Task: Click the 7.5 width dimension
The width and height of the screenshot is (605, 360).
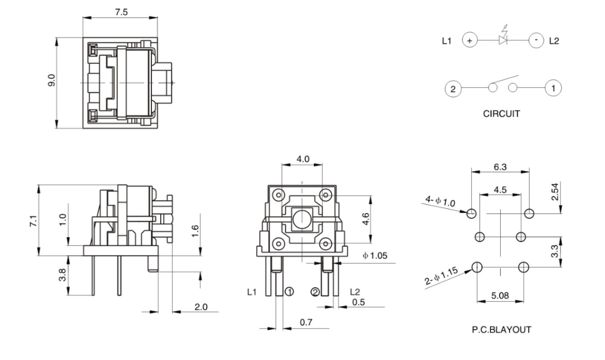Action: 120,13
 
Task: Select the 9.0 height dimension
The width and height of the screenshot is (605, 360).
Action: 51,82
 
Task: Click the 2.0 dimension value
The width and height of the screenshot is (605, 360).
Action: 201,307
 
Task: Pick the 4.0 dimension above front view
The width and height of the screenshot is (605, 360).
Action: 303,159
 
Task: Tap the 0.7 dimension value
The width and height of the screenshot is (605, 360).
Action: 307,323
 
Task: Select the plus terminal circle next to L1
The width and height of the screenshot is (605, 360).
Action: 470,40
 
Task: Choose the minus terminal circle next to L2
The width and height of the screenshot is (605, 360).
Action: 535,40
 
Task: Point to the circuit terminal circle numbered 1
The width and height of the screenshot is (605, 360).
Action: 553,88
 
